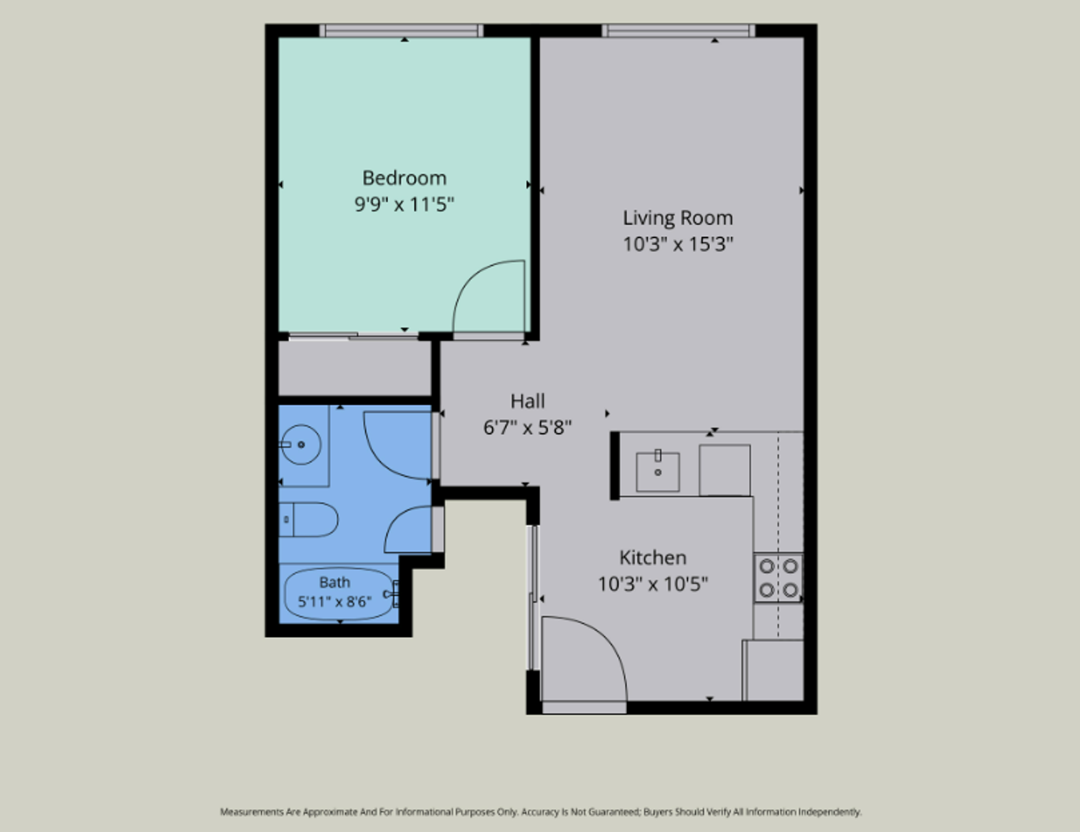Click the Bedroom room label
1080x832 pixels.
[x=404, y=177]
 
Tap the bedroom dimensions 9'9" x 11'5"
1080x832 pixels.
[x=404, y=204]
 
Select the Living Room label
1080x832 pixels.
[x=678, y=218]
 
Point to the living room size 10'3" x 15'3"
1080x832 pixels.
[x=678, y=244]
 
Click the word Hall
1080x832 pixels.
[x=528, y=401]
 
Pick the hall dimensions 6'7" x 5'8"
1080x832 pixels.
[x=528, y=427]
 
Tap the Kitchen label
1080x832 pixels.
[x=652, y=558]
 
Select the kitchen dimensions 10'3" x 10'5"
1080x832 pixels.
[x=652, y=584]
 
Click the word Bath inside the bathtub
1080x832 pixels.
[x=334, y=582]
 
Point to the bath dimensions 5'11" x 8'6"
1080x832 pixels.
[x=334, y=602]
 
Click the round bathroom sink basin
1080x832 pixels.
[x=300, y=445]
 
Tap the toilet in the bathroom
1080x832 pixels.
[x=308, y=520]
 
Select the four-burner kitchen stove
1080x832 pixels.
[x=778, y=579]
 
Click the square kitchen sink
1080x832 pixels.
[x=658, y=471]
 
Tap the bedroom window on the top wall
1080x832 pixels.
[x=401, y=30]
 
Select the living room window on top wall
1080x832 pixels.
[x=679, y=30]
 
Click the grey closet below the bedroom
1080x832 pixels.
[x=354, y=367]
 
